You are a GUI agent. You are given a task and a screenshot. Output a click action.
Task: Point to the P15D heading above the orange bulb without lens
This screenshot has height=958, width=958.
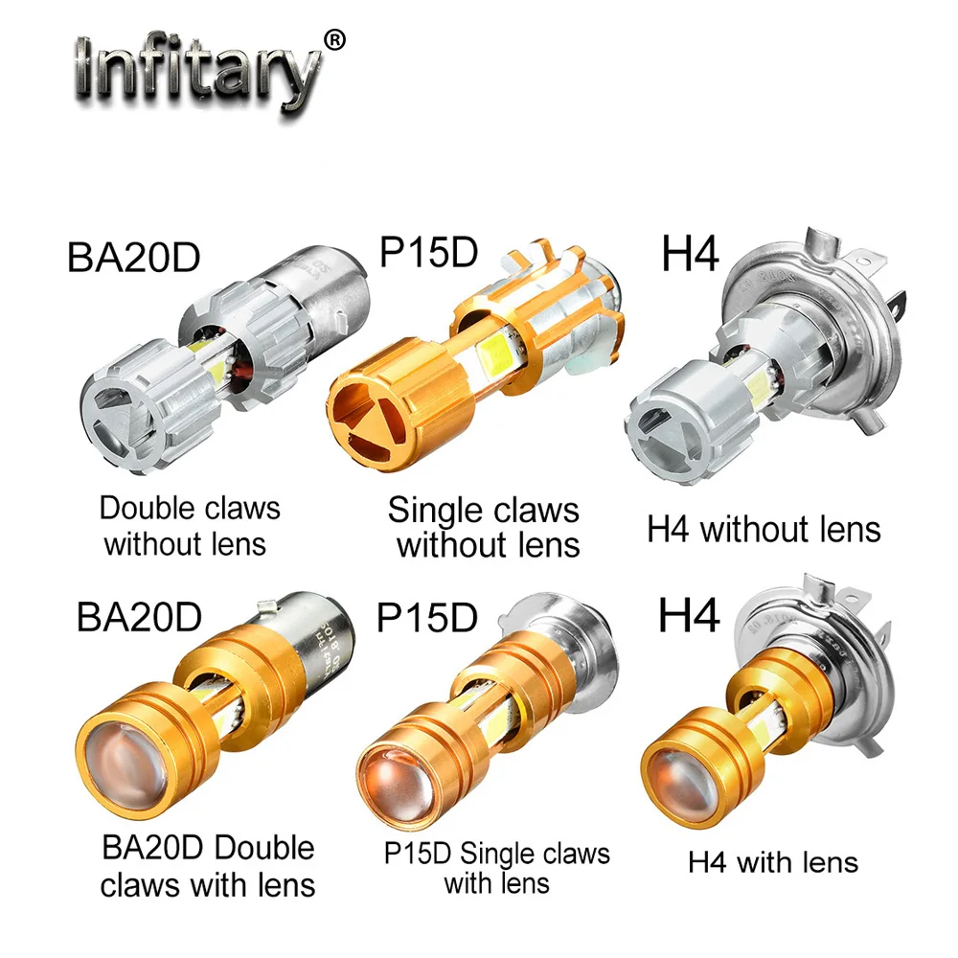(428, 252)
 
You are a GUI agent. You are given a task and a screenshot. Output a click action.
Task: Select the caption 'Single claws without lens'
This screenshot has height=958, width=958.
(484, 527)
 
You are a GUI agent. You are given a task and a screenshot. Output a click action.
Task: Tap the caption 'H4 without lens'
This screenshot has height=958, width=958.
(764, 529)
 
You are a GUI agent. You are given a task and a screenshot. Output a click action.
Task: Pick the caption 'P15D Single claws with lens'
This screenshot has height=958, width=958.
(496, 867)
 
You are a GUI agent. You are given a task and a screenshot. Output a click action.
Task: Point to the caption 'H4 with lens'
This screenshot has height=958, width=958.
(773, 861)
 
